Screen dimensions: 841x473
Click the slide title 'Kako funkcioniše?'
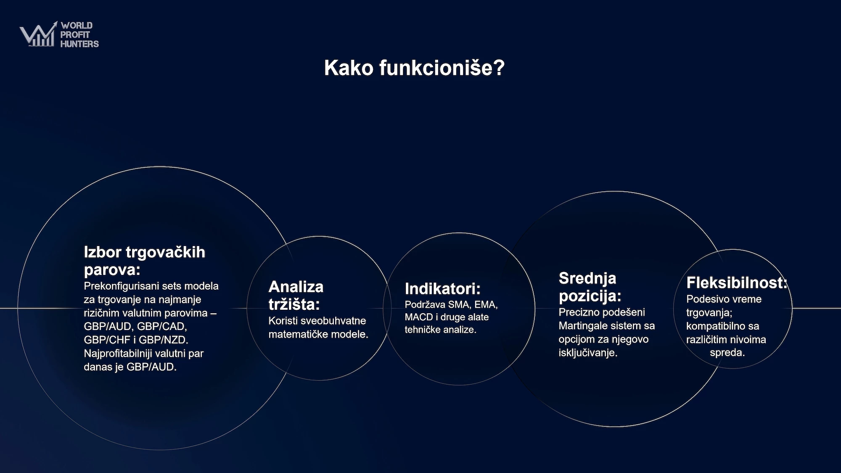tap(414, 68)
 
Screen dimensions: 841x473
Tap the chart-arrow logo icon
tap(38, 34)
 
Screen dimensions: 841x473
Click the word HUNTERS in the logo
tap(79, 44)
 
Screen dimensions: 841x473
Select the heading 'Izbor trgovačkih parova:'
tap(145, 261)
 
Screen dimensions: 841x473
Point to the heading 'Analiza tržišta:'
tap(296, 295)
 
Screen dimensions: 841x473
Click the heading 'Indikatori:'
tap(442, 289)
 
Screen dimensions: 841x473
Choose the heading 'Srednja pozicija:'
tap(590, 287)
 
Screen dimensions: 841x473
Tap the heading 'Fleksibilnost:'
tap(737, 283)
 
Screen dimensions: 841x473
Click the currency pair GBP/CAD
tap(162, 326)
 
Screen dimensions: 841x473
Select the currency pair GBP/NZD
tap(164, 340)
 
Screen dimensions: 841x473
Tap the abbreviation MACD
tap(419, 317)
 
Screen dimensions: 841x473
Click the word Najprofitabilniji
tap(118, 354)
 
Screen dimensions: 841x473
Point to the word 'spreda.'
tap(727, 353)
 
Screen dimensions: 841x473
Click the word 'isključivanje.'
tap(588, 353)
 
